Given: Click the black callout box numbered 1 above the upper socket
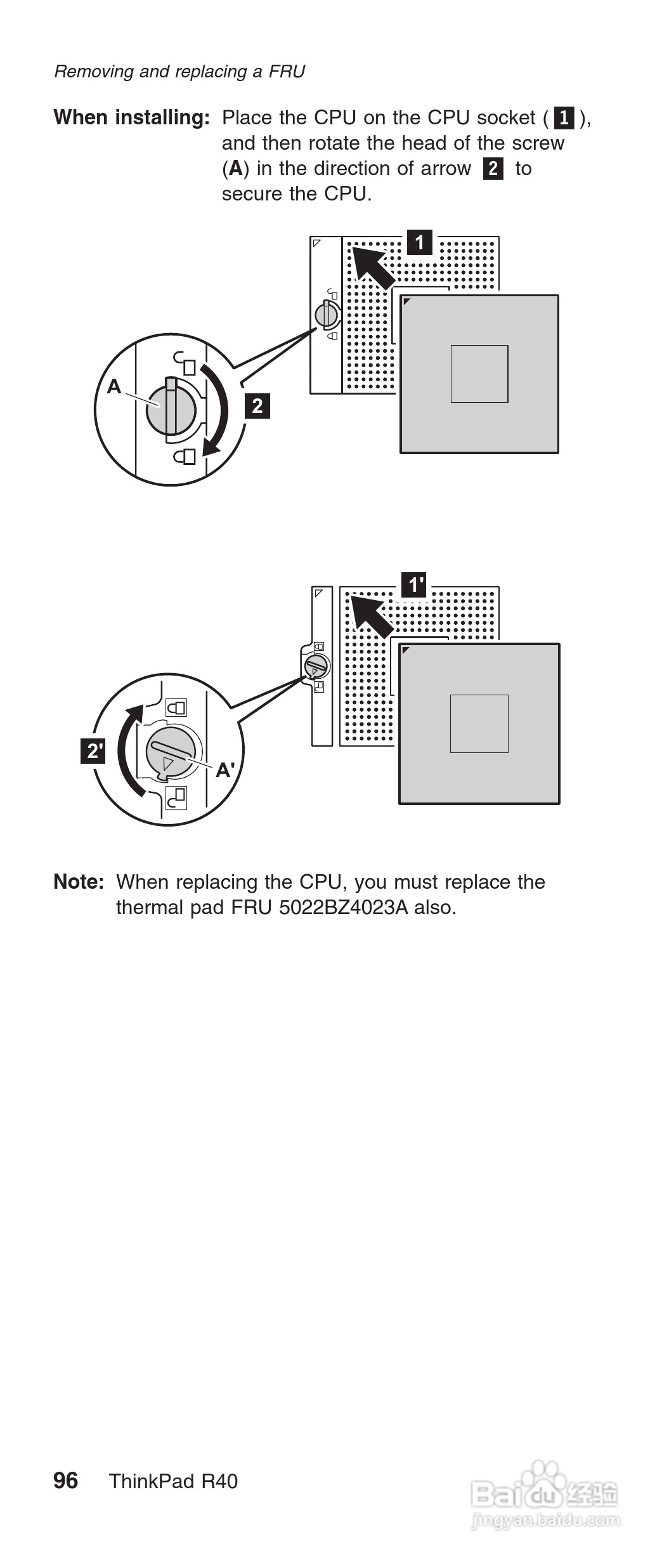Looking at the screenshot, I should click(x=419, y=242).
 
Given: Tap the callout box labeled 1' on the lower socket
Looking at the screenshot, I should click(x=415, y=585).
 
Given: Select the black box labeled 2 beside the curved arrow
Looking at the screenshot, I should click(x=257, y=405).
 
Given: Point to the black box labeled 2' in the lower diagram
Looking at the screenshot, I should click(x=93, y=751).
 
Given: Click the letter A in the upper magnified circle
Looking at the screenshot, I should click(x=114, y=386).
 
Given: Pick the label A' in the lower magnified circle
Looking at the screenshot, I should click(x=225, y=770).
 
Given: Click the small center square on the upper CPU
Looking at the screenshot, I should click(x=479, y=374).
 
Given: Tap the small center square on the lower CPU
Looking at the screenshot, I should click(x=479, y=724).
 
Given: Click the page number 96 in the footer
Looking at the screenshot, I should click(x=66, y=1481).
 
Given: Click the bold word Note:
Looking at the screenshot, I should click(x=79, y=882).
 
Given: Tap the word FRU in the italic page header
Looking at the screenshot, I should click(x=287, y=72).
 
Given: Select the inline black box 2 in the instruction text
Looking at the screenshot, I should click(x=493, y=169).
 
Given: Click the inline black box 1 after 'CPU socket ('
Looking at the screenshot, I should click(x=564, y=118).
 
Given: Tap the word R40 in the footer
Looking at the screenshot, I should click(x=219, y=1481).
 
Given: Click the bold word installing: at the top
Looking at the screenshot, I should click(x=162, y=117).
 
